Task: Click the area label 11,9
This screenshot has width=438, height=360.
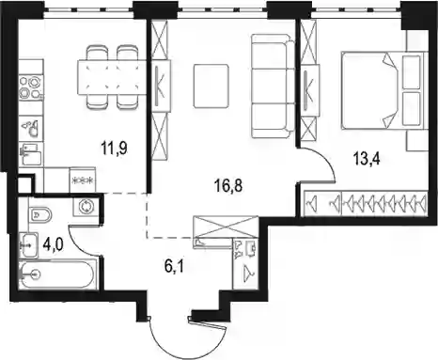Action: (115, 148)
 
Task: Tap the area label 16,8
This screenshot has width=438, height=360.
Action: (229, 186)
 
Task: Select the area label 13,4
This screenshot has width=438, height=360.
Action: (367, 159)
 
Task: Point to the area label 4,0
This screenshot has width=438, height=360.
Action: (54, 244)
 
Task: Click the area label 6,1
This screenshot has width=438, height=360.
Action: (174, 267)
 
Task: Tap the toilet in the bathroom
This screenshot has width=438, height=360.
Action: (40, 214)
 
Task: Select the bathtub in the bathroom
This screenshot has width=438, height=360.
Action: (56, 274)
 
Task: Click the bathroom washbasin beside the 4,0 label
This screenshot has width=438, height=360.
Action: (28, 245)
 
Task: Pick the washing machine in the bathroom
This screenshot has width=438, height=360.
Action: (86, 207)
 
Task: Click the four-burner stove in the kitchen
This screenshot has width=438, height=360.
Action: (30, 87)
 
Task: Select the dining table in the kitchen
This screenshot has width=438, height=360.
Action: (112, 77)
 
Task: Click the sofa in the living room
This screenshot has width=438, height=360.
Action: (274, 86)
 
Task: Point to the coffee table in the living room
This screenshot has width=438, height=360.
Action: (211, 86)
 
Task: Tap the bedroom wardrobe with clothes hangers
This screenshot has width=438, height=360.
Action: (366, 203)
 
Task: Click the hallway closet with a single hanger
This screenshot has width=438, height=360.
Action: (245, 263)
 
